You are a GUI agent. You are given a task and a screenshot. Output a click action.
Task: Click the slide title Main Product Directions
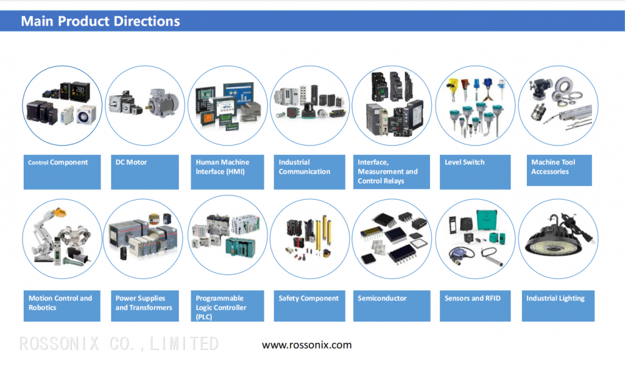[101, 21]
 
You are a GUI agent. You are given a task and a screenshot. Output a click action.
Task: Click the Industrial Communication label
[309, 171]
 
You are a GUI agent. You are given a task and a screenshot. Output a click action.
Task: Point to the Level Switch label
[475, 171]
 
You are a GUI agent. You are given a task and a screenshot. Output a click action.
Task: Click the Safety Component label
[309, 306]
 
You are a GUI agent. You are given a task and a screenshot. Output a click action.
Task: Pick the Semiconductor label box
[391, 306]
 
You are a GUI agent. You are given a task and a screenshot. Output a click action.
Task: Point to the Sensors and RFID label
[475, 306]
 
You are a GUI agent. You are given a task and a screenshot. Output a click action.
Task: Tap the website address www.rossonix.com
[306, 345]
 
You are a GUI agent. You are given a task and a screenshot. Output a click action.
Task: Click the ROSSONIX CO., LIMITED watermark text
[119, 344]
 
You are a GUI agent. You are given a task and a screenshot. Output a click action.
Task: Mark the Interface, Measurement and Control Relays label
[391, 171]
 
